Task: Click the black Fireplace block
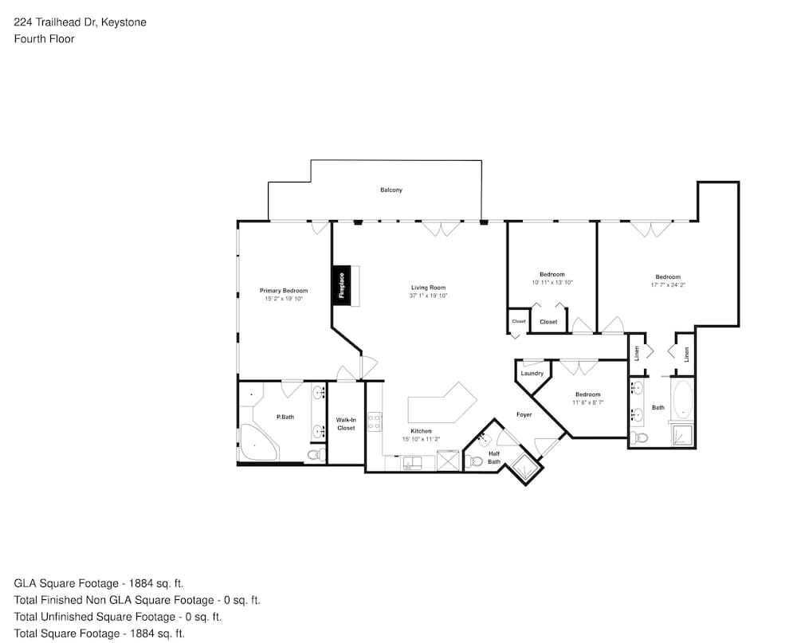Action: [342, 286]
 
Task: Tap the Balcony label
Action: [391, 190]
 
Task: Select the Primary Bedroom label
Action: [284, 291]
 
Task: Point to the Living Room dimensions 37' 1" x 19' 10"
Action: [429, 296]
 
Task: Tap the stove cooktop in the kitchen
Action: [375, 421]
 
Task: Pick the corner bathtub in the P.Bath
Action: [258, 442]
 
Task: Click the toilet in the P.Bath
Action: [317, 455]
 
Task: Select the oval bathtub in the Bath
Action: [683, 399]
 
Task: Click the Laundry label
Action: [532, 374]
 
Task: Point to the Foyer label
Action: [524, 415]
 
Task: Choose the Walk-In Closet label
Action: [346, 424]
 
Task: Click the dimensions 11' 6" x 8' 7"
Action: [588, 402]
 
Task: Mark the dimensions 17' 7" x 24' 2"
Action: [668, 285]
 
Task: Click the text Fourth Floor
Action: [44, 39]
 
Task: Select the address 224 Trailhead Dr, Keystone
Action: [80, 22]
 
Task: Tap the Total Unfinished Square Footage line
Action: [118, 617]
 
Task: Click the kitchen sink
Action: [412, 463]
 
